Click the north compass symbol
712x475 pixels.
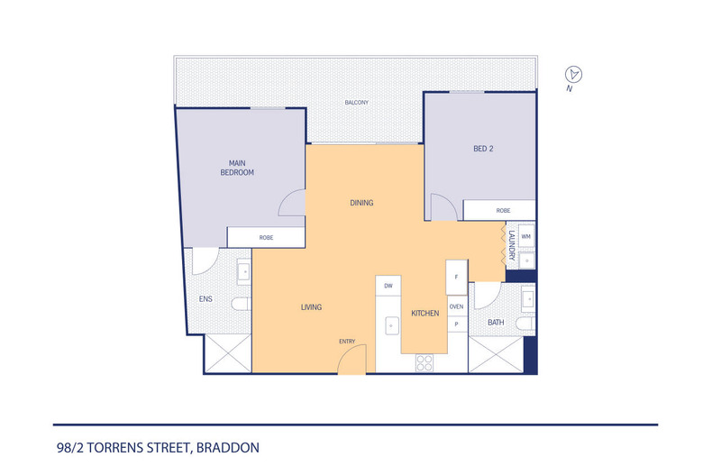click(x=571, y=75)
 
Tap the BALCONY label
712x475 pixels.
click(x=357, y=103)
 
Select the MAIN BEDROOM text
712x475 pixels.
click(x=238, y=168)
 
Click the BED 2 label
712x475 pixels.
click(x=483, y=149)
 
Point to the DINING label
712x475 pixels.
click(x=361, y=203)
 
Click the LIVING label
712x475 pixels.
click(x=311, y=307)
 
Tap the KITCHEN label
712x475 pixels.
click(x=424, y=313)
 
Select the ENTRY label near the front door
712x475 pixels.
click(x=347, y=341)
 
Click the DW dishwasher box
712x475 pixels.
click(x=388, y=286)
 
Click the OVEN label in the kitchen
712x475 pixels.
click(x=457, y=306)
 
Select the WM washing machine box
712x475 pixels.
click(x=526, y=237)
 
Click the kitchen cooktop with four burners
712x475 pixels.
click(x=423, y=363)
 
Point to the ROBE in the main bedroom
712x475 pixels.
click(x=266, y=238)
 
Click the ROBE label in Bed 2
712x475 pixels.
click(x=503, y=210)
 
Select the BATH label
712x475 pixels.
click(x=496, y=322)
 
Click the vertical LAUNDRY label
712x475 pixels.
click(x=511, y=246)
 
